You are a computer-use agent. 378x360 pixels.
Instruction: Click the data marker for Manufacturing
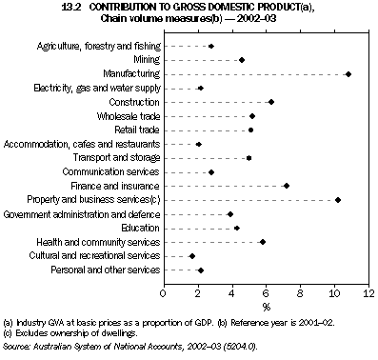pos(348,73)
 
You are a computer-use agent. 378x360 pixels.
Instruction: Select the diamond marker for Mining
pos(242,59)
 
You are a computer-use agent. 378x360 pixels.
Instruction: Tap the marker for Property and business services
pos(338,200)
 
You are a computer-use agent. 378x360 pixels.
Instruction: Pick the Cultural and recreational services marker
pos(192,256)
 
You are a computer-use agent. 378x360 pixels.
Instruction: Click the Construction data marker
pos(271,102)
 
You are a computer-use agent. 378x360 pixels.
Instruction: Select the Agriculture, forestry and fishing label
pos(98,46)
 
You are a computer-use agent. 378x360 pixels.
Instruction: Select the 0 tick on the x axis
pos(164,293)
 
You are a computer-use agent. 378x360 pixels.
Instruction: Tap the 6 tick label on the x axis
pos(266,293)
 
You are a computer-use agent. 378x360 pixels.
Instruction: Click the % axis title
pos(266,307)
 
